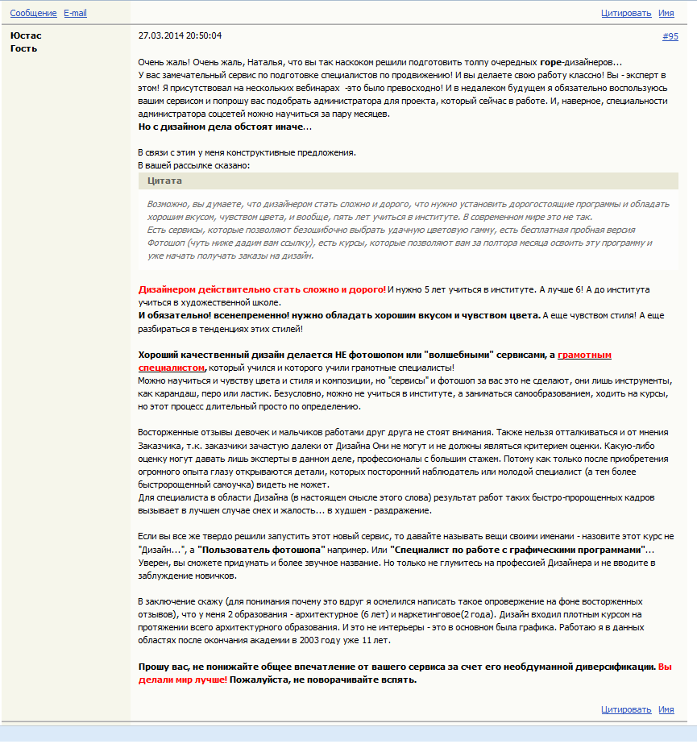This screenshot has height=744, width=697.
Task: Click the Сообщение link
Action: point(33,14)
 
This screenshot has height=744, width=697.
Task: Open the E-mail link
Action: point(75,14)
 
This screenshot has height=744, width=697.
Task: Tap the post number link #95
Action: point(670,36)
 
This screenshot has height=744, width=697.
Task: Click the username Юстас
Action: point(26,35)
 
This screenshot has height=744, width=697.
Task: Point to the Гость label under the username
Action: point(23,48)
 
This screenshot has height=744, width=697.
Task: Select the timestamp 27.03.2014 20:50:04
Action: point(180,36)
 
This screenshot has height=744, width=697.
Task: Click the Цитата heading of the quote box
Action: point(164,181)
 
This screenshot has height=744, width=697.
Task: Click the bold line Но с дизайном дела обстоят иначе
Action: point(222,127)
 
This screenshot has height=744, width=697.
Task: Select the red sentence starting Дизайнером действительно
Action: point(262,289)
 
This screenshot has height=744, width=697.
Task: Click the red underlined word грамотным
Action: point(584,354)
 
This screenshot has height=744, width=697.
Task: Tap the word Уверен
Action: point(154,562)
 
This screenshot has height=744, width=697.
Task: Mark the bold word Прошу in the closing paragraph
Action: point(154,667)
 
